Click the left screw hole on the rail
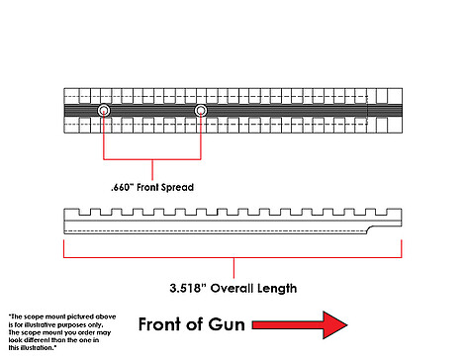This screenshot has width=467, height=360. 104,111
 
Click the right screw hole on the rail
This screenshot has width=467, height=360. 201,111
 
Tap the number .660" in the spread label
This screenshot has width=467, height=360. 122,188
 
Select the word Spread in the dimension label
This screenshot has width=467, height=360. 177,188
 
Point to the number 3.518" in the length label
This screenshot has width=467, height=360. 188,289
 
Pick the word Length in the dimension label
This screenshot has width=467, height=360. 277,289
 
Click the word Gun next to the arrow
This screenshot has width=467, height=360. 227,324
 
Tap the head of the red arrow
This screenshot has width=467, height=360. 334,325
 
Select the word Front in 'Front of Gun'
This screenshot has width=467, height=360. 160,324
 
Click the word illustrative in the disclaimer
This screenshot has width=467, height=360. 41,325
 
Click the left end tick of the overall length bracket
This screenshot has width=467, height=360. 63,248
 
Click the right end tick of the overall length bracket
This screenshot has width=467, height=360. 402,248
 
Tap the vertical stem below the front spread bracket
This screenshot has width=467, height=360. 152,170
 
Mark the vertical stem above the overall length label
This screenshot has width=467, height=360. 233,268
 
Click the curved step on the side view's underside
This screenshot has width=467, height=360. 371,228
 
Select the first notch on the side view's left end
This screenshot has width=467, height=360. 85,212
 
